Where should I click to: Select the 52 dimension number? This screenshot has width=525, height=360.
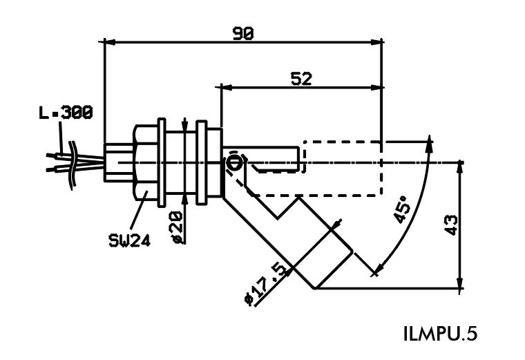[x=301, y=78]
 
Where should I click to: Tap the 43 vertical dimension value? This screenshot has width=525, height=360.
[x=451, y=225]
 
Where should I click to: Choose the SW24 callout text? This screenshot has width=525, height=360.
[x=130, y=240]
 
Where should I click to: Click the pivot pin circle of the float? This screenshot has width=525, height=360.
[x=235, y=163]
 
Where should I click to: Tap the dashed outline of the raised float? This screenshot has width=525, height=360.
[x=343, y=169]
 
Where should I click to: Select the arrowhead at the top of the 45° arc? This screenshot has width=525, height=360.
[x=431, y=140]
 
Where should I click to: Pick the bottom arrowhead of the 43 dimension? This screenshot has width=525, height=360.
[x=459, y=284]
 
